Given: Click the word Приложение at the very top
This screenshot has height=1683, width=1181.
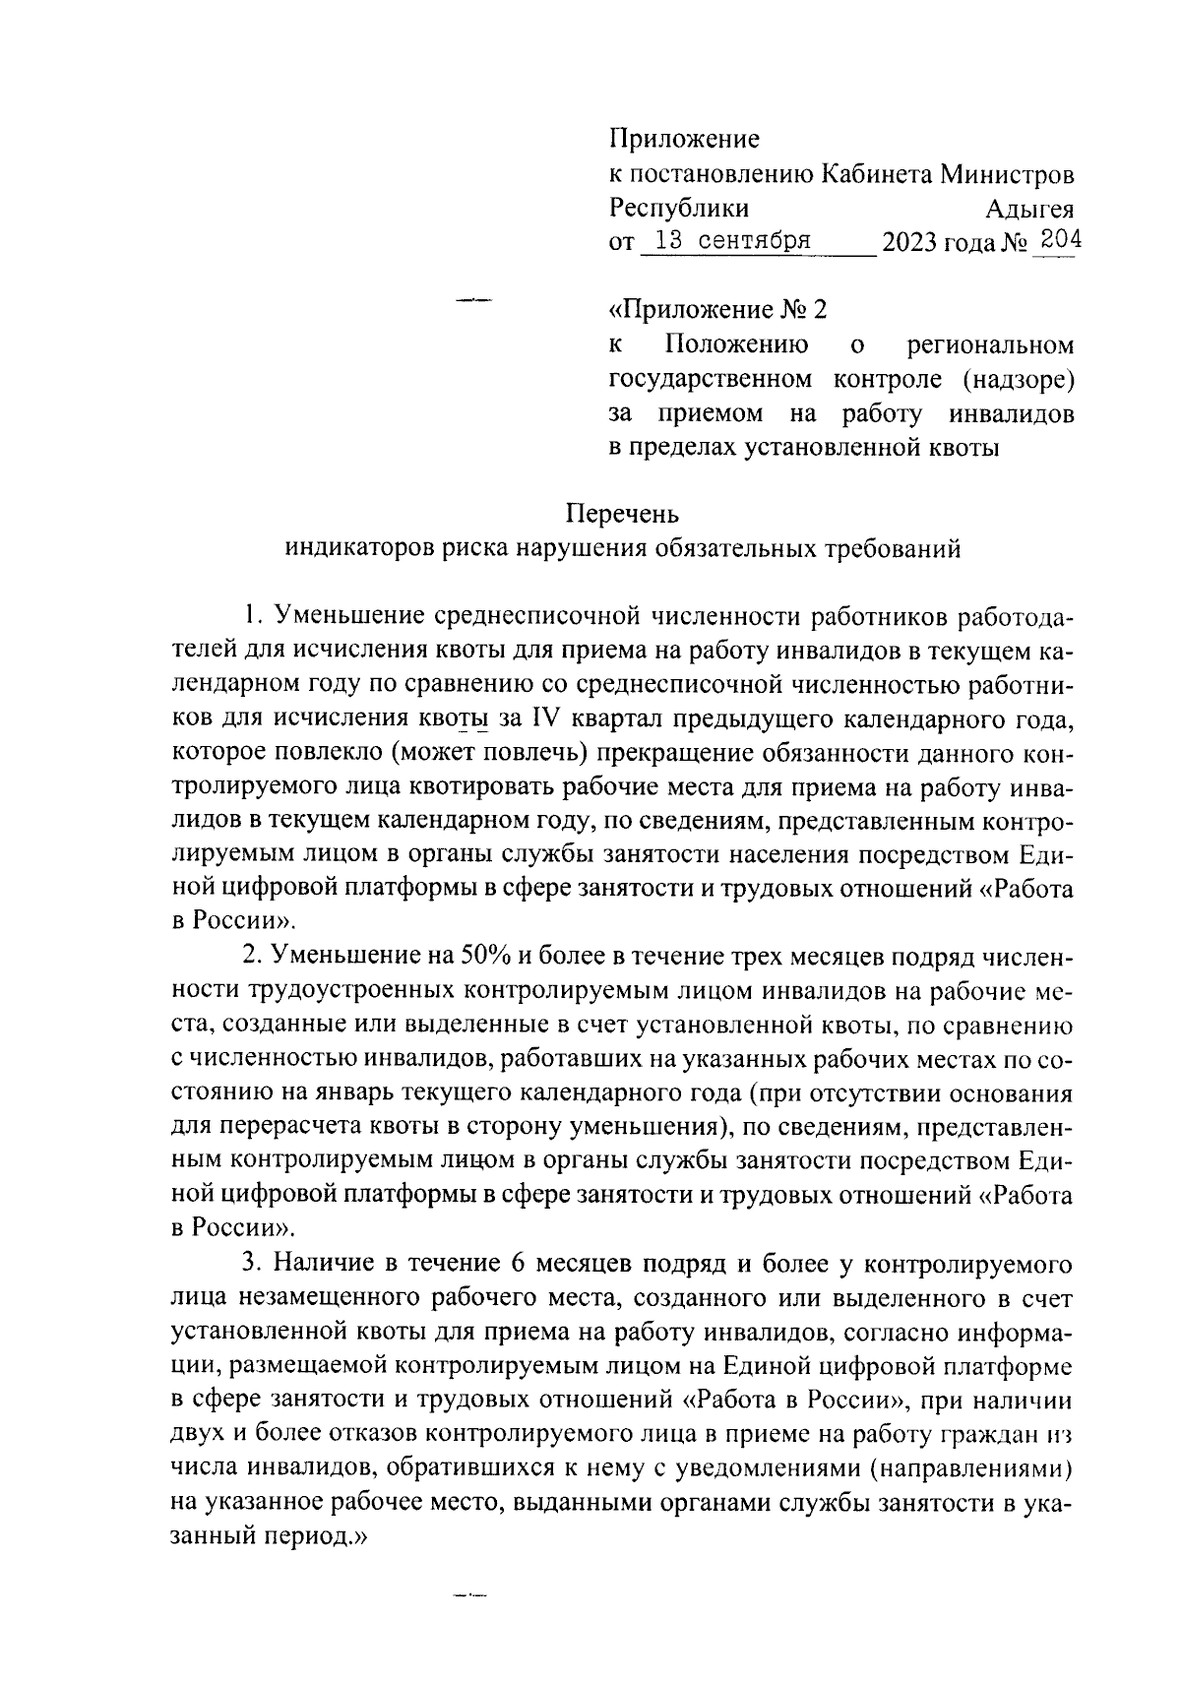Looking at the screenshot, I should pyautogui.click(x=685, y=140).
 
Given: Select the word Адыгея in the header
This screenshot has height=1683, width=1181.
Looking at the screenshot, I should pyautogui.click(x=1028, y=209).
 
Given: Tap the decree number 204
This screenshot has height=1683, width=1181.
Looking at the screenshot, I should pyautogui.click(x=1059, y=239).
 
